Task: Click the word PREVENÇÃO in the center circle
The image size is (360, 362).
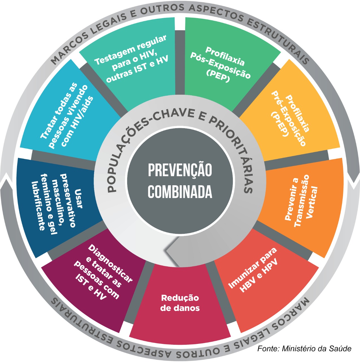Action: click(x=180, y=170)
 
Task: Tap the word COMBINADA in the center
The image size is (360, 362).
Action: click(x=180, y=192)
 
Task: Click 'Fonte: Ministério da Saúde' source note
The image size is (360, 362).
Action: click(x=304, y=348)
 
